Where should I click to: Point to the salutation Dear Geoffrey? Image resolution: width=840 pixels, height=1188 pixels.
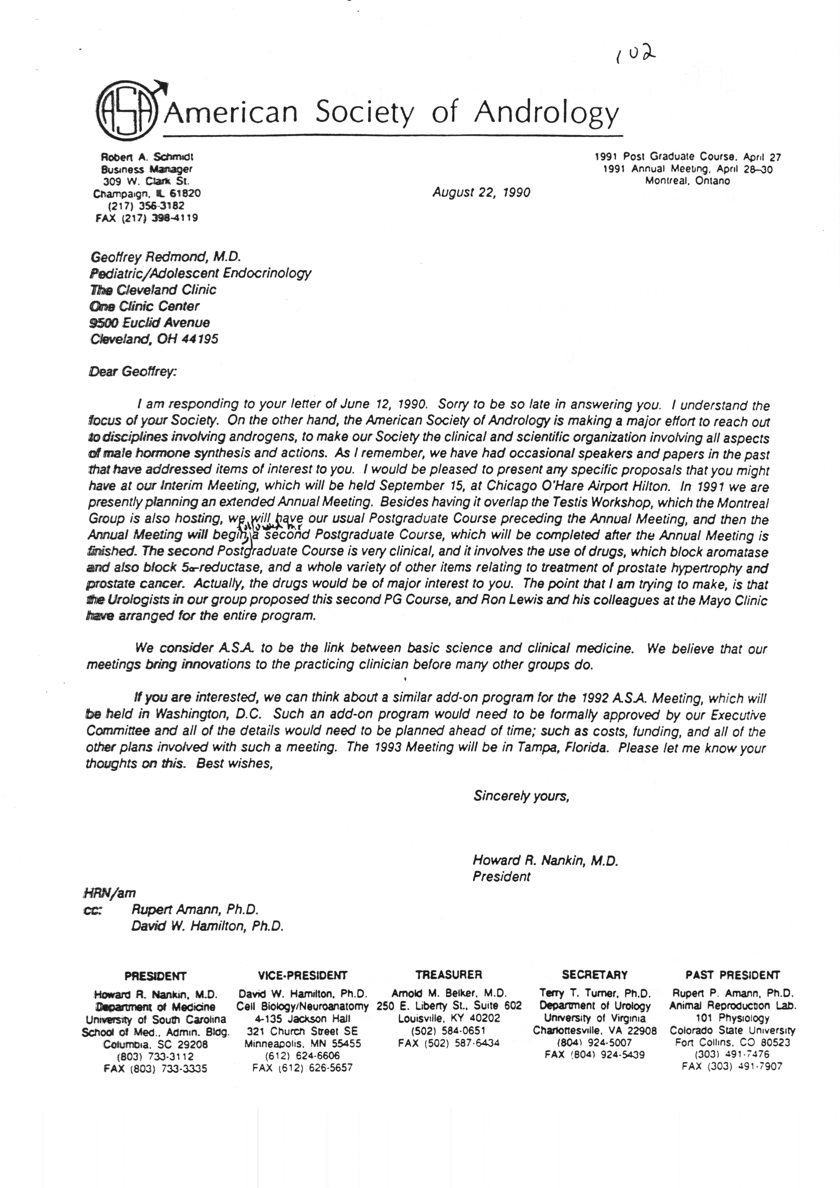click(133, 372)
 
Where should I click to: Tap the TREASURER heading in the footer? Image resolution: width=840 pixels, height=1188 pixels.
click(449, 974)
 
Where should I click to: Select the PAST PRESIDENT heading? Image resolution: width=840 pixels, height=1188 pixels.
click(732, 975)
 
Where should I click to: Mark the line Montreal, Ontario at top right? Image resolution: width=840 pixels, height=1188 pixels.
click(687, 181)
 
